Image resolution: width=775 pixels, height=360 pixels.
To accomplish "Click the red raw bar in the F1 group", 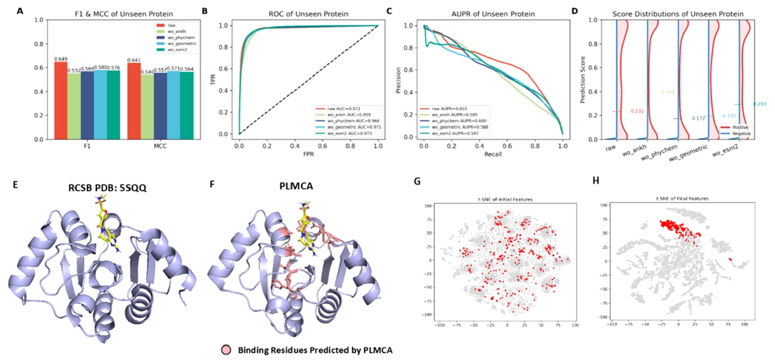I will coord(61,100).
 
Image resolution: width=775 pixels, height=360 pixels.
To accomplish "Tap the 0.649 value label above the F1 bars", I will coord(61,59).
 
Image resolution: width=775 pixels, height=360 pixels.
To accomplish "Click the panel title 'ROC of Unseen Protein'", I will coord(308,14).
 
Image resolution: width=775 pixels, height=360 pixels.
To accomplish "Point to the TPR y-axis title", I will coord(213,79).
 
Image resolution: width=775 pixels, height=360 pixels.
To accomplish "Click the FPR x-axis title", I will coord(308,154).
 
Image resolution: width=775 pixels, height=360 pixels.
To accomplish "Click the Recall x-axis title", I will coord(493,154).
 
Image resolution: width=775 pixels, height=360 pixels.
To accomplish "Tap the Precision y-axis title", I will coord(398,80).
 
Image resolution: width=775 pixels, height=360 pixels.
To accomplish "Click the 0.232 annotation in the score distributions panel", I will coord(637,111).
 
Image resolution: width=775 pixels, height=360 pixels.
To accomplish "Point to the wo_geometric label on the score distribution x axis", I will coord(688,153).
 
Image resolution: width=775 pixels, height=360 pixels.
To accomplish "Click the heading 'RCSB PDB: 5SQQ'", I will coord(107,188).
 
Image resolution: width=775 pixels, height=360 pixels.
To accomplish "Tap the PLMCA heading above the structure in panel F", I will coord(296,186).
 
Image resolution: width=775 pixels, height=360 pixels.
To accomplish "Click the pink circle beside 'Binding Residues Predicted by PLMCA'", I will coord(226,350).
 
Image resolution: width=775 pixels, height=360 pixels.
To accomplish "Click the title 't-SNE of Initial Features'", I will coord(505,199).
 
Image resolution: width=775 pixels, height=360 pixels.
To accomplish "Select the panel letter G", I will coord(417,181).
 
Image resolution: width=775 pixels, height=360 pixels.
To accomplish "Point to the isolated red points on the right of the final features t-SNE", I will coord(730,259).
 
